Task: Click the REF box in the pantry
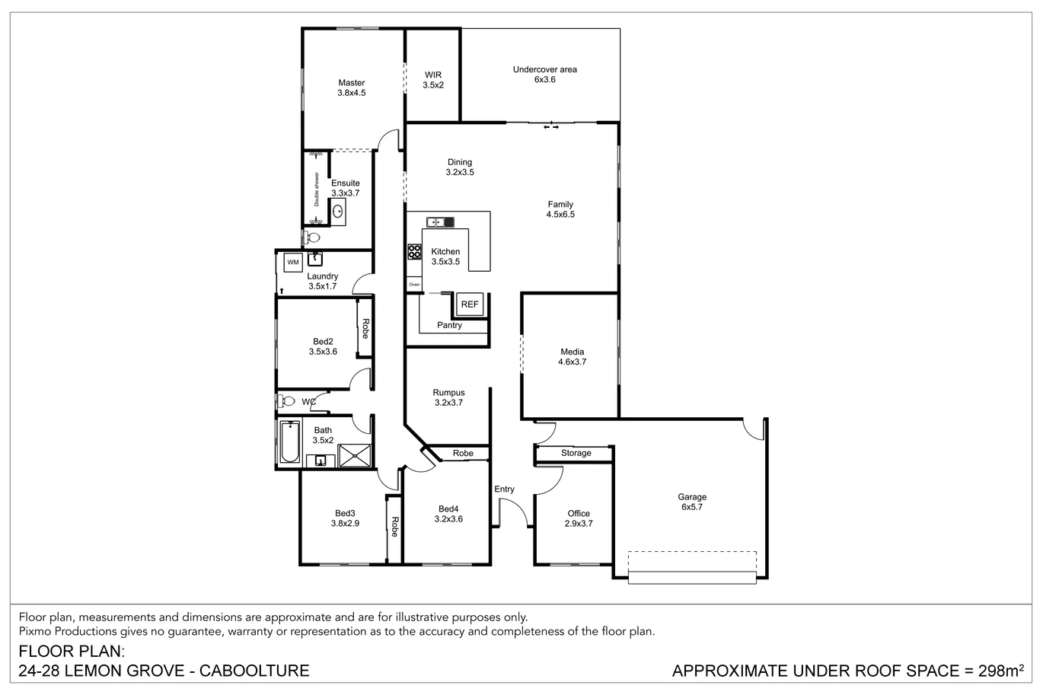(469, 304)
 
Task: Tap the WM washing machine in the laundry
(293, 262)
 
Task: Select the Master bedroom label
(352, 88)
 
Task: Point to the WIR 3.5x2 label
(433, 80)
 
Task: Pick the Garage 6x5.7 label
(692, 502)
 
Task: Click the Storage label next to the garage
(576, 453)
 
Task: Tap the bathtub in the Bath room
(289, 442)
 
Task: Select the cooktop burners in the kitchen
(414, 252)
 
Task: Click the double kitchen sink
(440, 222)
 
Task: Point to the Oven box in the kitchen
(414, 285)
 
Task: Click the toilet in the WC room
(286, 401)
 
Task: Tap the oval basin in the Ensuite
(337, 212)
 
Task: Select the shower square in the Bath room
(355, 456)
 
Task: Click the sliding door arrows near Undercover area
(551, 126)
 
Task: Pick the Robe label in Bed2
(365, 329)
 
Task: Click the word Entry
(504, 489)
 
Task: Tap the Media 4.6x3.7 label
(573, 356)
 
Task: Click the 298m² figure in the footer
(1001, 671)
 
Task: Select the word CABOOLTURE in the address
(254, 671)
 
